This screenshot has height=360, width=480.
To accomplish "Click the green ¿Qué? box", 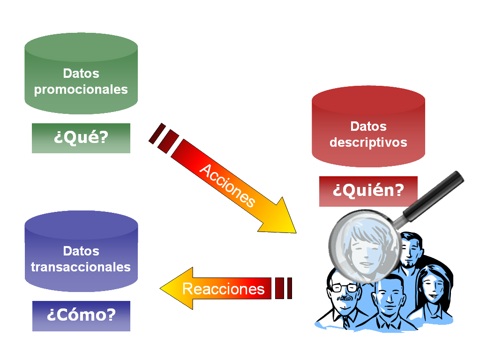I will pyautogui.click(x=81, y=138).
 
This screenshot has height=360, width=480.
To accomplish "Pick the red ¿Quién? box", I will pyautogui.click(x=368, y=191).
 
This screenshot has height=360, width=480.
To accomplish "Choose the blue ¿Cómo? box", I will pyautogui.click(x=81, y=315).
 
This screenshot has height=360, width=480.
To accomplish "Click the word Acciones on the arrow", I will pyautogui.click(x=227, y=186).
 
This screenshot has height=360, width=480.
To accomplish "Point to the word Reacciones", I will pyautogui.click(x=224, y=289).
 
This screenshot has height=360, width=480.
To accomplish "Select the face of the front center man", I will pyautogui.click(x=389, y=298).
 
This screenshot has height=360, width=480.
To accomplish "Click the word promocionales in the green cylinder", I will pyautogui.click(x=81, y=90).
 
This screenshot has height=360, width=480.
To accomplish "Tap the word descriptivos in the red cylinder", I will pyautogui.click(x=368, y=142).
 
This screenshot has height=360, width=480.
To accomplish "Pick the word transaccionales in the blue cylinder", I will pyautogui.click(x=81, y=267).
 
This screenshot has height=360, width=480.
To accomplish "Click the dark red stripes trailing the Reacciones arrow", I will pyautogui.click(x=284, y=288).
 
